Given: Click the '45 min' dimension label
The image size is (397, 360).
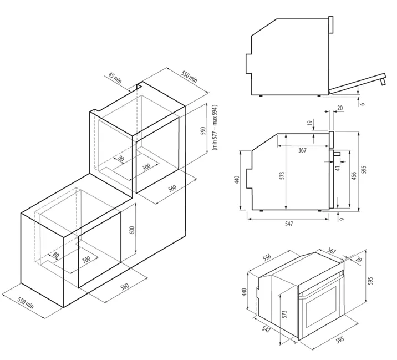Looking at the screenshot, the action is point(115,78).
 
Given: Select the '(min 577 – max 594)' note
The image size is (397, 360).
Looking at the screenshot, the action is point(215,128).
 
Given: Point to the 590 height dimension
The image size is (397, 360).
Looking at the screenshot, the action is point(203,131).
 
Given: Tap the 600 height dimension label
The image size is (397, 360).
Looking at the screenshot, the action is point(132,230).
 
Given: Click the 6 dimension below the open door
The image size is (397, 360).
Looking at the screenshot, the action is point(363,104).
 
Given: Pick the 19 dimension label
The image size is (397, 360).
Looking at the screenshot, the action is point(309,123).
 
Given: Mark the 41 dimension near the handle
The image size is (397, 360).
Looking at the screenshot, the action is point(338,168).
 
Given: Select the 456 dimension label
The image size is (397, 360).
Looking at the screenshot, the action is point(354,176).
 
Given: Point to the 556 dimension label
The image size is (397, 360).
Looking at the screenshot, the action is point(267,257).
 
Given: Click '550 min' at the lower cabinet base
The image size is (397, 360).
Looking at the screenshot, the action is point(26,303).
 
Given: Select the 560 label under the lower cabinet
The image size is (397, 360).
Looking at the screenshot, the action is point(125,287).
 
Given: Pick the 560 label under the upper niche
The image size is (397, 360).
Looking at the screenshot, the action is point(172,188).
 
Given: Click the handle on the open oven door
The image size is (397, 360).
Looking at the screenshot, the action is point(383,81).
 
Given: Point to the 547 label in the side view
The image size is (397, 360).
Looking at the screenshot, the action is point(289,224).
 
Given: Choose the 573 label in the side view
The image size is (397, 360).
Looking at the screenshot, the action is point(282,176).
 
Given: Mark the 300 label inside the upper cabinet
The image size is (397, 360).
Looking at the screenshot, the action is point(146,167).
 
